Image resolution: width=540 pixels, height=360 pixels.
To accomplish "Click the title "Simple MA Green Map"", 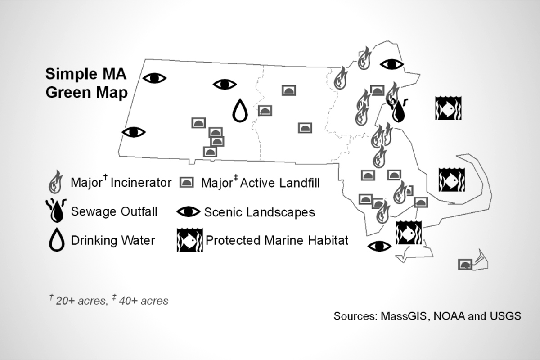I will (x=86, y=83).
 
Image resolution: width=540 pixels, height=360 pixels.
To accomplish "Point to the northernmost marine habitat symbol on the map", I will (x=446, y=108).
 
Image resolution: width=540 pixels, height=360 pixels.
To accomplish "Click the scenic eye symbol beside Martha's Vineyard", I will (x=379, y=246).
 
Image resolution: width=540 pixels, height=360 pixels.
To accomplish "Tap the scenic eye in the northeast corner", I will (x=391, y=64).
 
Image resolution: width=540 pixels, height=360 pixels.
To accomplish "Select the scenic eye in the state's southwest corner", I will (x=134, y=132).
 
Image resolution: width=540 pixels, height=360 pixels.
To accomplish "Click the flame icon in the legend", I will (x=55, y=182).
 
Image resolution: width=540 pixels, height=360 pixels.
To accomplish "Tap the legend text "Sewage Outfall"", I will (x=114, y=211).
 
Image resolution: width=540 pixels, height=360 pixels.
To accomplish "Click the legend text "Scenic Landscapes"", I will (x=260, y=212).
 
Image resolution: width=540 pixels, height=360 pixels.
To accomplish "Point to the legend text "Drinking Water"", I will (x=113, y=240).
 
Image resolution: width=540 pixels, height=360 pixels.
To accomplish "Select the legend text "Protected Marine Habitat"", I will (x=277, y=240).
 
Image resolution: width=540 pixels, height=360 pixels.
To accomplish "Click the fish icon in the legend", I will (x=189, y=240).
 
